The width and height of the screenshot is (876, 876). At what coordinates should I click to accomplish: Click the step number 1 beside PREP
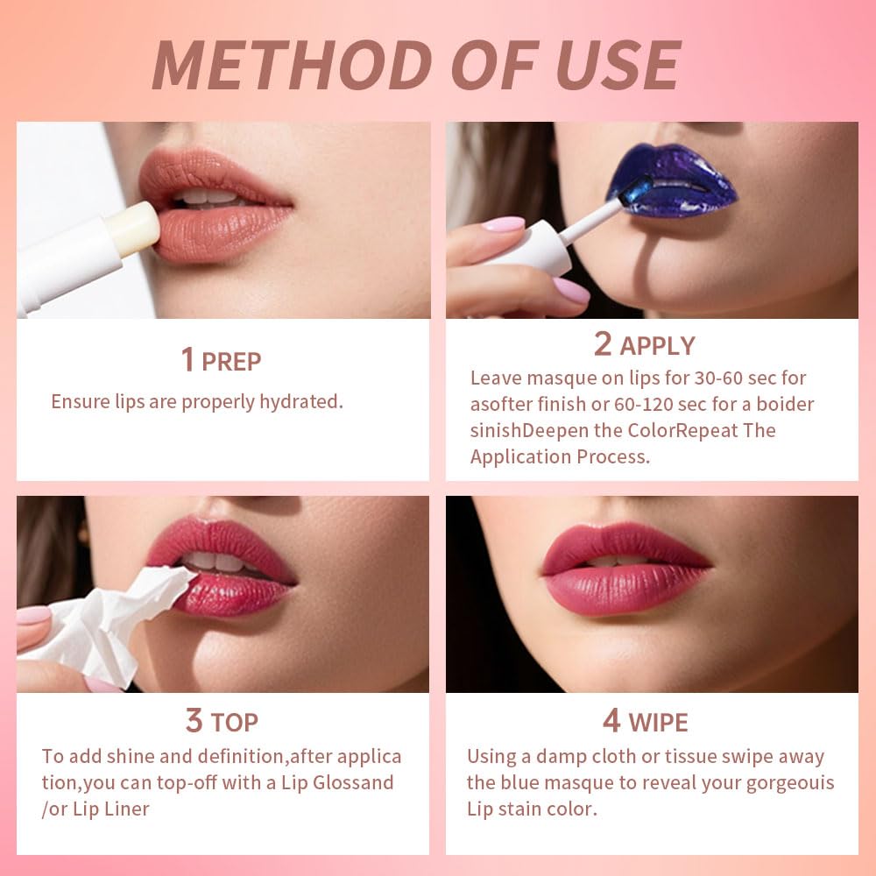pos(187,360)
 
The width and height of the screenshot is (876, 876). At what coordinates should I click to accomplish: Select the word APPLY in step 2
pos(657,346)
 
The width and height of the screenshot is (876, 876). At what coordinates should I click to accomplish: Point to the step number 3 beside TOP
pos(194,721)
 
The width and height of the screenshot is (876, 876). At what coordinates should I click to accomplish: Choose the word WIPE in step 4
pos(658,723)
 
